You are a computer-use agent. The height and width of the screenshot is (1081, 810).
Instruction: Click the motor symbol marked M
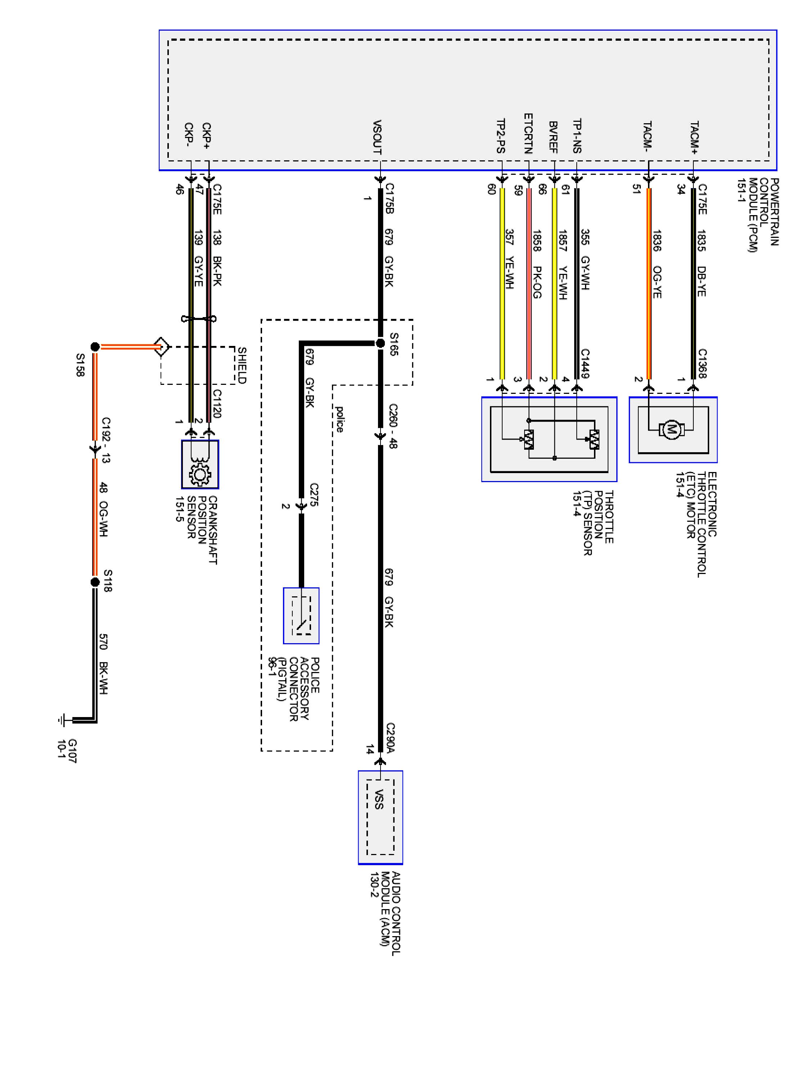point(671,430)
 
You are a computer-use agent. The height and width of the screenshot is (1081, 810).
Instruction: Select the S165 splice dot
point(381,343)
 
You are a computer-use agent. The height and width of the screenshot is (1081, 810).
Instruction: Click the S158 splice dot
point(95,347)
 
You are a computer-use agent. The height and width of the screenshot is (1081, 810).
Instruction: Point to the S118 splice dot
point(95,582)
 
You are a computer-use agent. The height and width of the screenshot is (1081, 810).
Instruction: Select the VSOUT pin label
point(377,137)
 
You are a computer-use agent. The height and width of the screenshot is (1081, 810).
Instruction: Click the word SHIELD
point(242,365)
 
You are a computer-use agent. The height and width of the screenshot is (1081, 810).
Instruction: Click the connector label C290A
point(390,738)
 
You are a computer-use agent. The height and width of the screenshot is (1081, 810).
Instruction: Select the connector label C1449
point(585,363)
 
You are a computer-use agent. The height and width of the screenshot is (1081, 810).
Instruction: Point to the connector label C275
point(314,495)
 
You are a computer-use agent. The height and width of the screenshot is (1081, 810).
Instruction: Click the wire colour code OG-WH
point(103,519)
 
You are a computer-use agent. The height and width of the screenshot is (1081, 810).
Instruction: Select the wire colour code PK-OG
point(537,282)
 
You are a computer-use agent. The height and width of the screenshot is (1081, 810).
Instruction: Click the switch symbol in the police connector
point(301,616)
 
